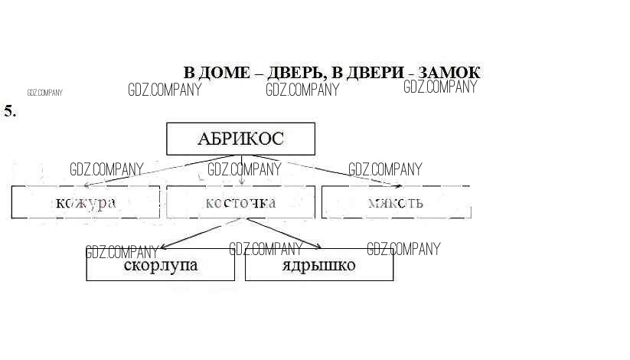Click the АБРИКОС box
(x=240, y=139)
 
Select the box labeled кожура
(x=86, y=202)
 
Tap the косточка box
(x=240, y=202)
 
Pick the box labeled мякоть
(x=395, y=202)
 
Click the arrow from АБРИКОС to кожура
(x=153, y=170)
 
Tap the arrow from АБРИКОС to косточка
(x=242, y=170)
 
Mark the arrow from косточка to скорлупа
(x=203, y=234)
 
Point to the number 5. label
(x=10, y=111)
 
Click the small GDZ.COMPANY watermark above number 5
(x=44, y=93)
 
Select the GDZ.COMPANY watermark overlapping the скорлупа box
(x=122, y=252)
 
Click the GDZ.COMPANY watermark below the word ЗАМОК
(x=440, y=87)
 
